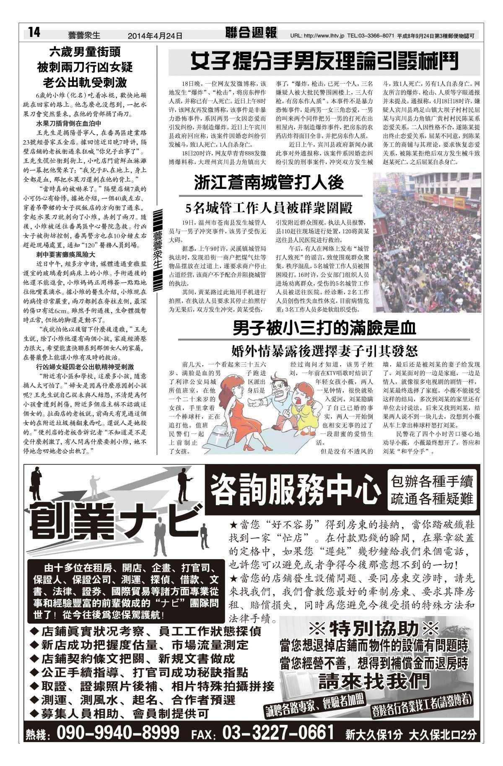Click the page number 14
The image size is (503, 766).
[x=34, y=32]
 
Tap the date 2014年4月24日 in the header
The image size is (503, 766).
[x=155, y=36]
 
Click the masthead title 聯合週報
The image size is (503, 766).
[x=251, y=33]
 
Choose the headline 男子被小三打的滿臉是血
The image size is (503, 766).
[x=324, y=328]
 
